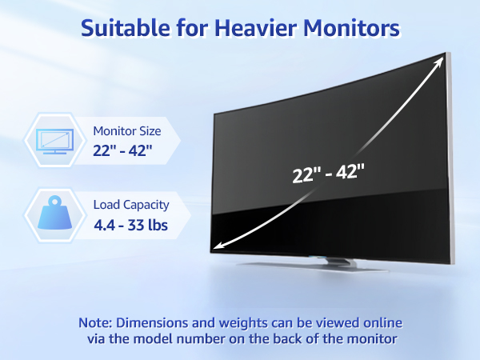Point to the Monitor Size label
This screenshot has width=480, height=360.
pyautogui.click(x=128, y=131)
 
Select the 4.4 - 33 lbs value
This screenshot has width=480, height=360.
pyautogui.click(x=131, y=225)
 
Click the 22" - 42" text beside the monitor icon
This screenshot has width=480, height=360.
pyautogui.click(x=123, y=150)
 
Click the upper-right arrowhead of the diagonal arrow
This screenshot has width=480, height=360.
pyautogui.click(x=441, y=58)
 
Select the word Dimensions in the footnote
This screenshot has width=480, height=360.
pyautogui.click(x=160, y=323)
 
